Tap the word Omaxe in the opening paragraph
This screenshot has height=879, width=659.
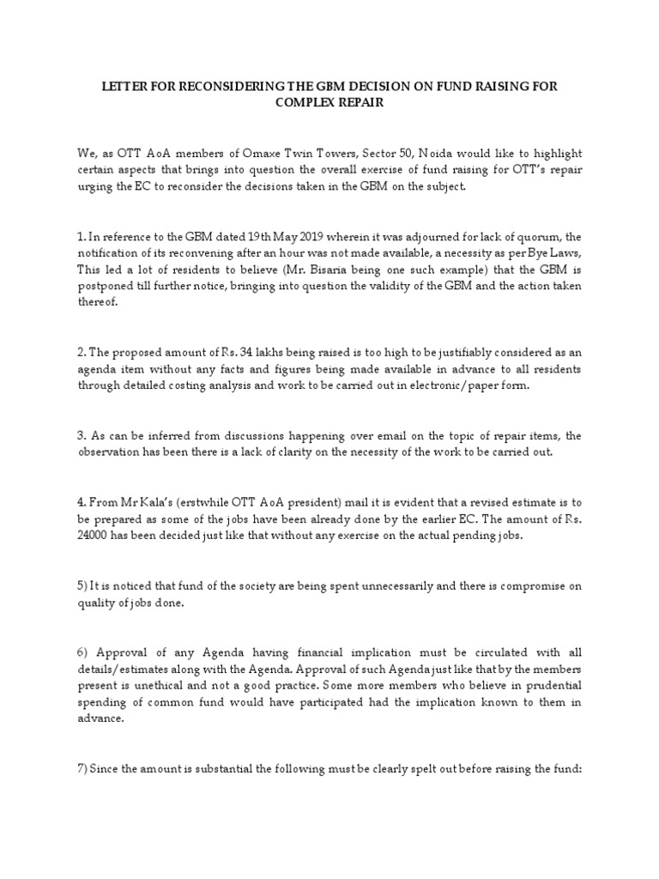(x=233, y=153)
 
